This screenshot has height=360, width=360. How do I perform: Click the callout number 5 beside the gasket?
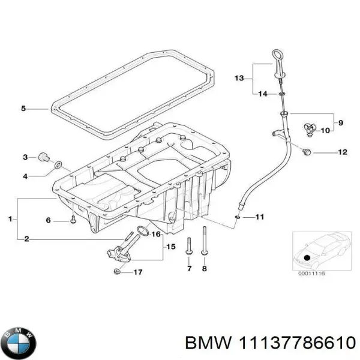23,109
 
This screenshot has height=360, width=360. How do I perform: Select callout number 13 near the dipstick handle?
239,78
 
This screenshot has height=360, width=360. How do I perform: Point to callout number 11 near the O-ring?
260,216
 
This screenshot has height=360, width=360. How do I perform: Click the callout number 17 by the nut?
138,272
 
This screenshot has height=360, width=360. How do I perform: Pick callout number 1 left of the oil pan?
11,220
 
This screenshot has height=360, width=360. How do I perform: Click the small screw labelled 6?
72,219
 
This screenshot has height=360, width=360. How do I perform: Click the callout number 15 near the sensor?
170,247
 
